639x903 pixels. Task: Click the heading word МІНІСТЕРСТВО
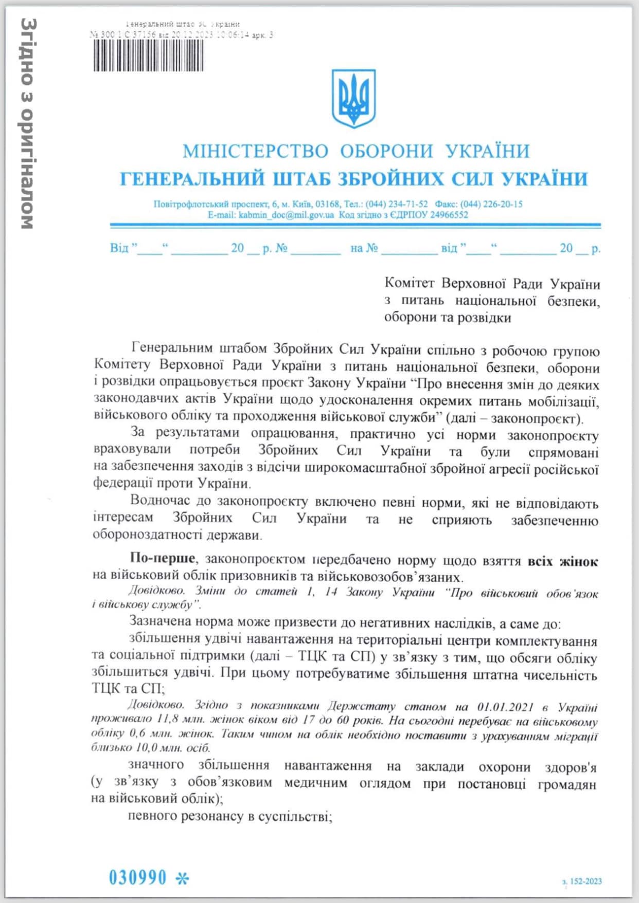click(255, 151)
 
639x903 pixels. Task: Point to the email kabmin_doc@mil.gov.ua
click(286, 215)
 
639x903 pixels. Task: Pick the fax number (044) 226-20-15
click(491, 204)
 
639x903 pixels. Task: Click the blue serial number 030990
click(137, 877)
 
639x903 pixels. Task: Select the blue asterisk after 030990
click(182, 878)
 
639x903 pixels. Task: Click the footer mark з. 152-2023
click(582, 881)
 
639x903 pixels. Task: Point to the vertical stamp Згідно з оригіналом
click(27, 123)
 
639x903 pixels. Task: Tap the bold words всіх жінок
click(563, 561)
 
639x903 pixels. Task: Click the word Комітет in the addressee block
click(410, 283)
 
